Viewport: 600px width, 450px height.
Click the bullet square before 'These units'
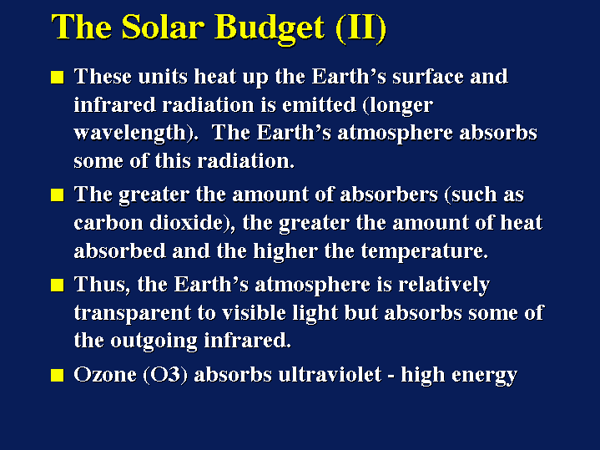[x=57, y=78]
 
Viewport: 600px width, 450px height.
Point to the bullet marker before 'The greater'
[x=57, y=196]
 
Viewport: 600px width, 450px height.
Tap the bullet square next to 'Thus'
[x=57, y=286]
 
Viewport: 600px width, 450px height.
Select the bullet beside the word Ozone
[x=57, y=376]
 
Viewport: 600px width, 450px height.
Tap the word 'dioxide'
[x=178, y=224]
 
